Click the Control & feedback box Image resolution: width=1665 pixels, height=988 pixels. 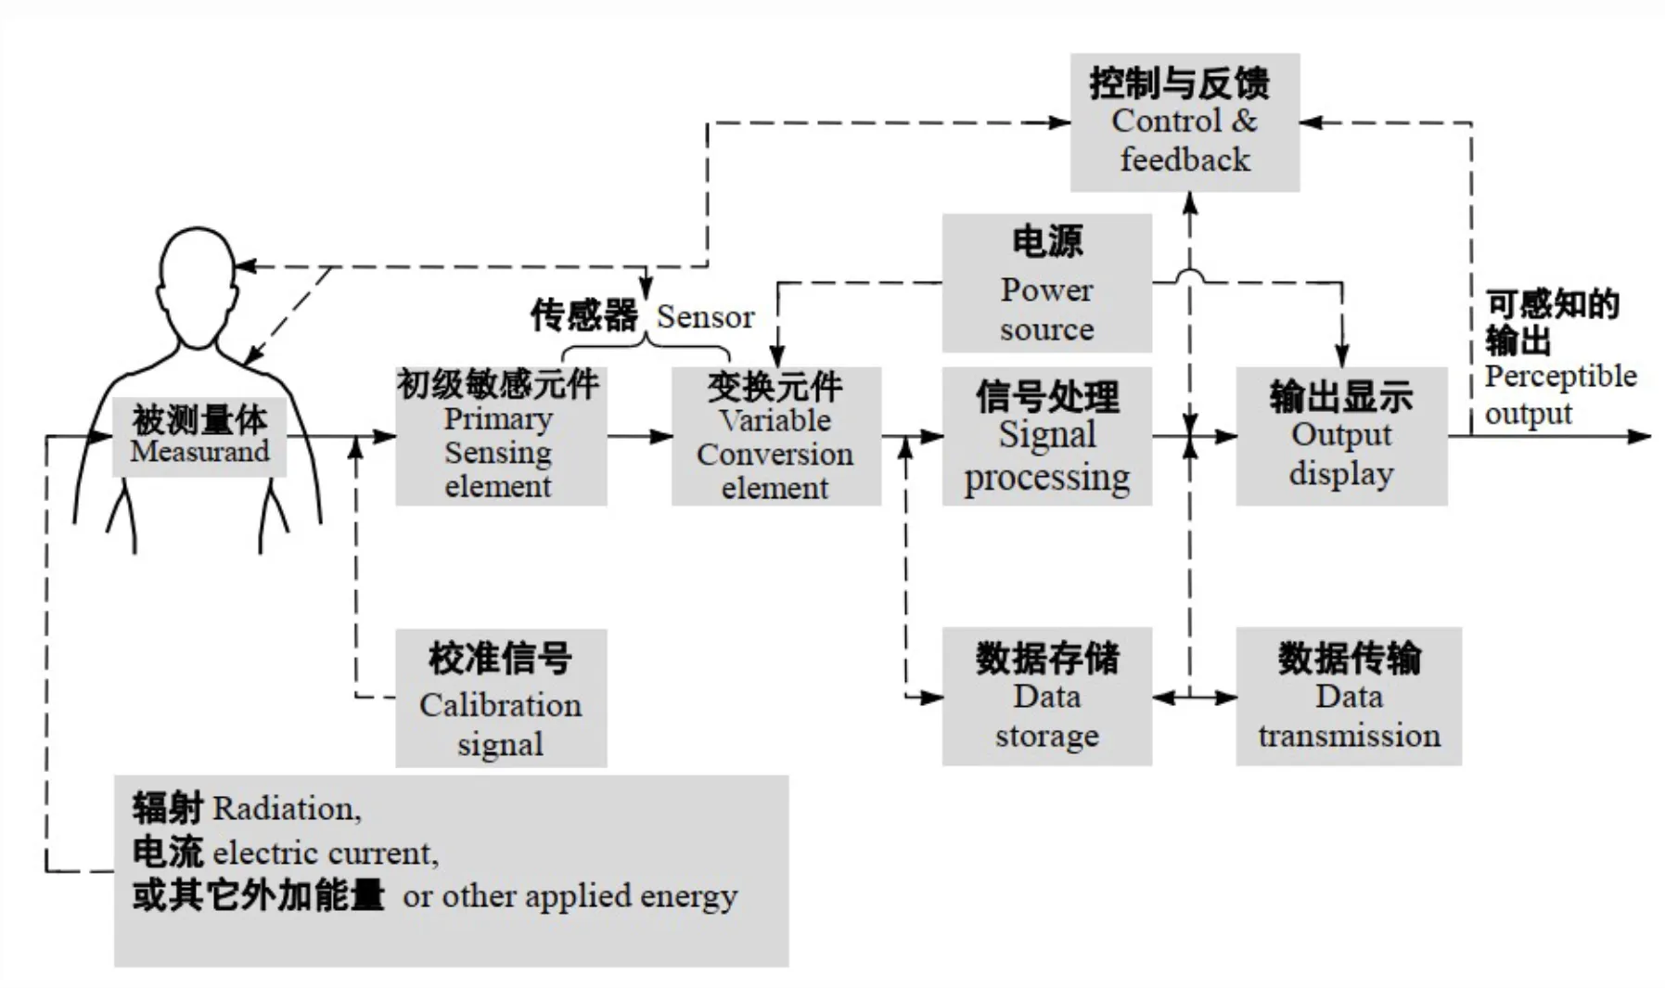tap(1185, 122)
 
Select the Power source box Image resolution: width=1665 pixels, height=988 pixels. tap(1046, 284)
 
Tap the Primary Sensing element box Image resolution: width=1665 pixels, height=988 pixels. tap(501, 436)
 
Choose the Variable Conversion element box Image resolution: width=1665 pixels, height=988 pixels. tap(775, 436)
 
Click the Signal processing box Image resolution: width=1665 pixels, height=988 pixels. tap(1046, 436)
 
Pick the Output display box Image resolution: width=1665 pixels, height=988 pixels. tap(1340, 436)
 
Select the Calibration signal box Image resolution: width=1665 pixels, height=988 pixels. tap(501, 698)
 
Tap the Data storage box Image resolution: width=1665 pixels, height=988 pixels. tap(1046, 696)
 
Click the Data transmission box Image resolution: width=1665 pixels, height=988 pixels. tap(1348, 696)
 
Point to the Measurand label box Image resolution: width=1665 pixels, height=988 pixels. tap(199, 436)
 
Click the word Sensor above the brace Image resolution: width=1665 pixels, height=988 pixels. tap(705, 317)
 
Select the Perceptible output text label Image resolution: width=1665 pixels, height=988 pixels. tap(1558, 394)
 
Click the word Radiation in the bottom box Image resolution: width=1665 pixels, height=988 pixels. tap(286, 809)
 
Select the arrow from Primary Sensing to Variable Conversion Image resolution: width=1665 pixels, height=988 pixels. tap(640, 436)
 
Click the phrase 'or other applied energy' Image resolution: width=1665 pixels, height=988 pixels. tap(570, 896)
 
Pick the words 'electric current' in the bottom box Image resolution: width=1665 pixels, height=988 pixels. tap(325, 853)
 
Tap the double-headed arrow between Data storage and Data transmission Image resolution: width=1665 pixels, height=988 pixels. tap(1194, 697)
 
